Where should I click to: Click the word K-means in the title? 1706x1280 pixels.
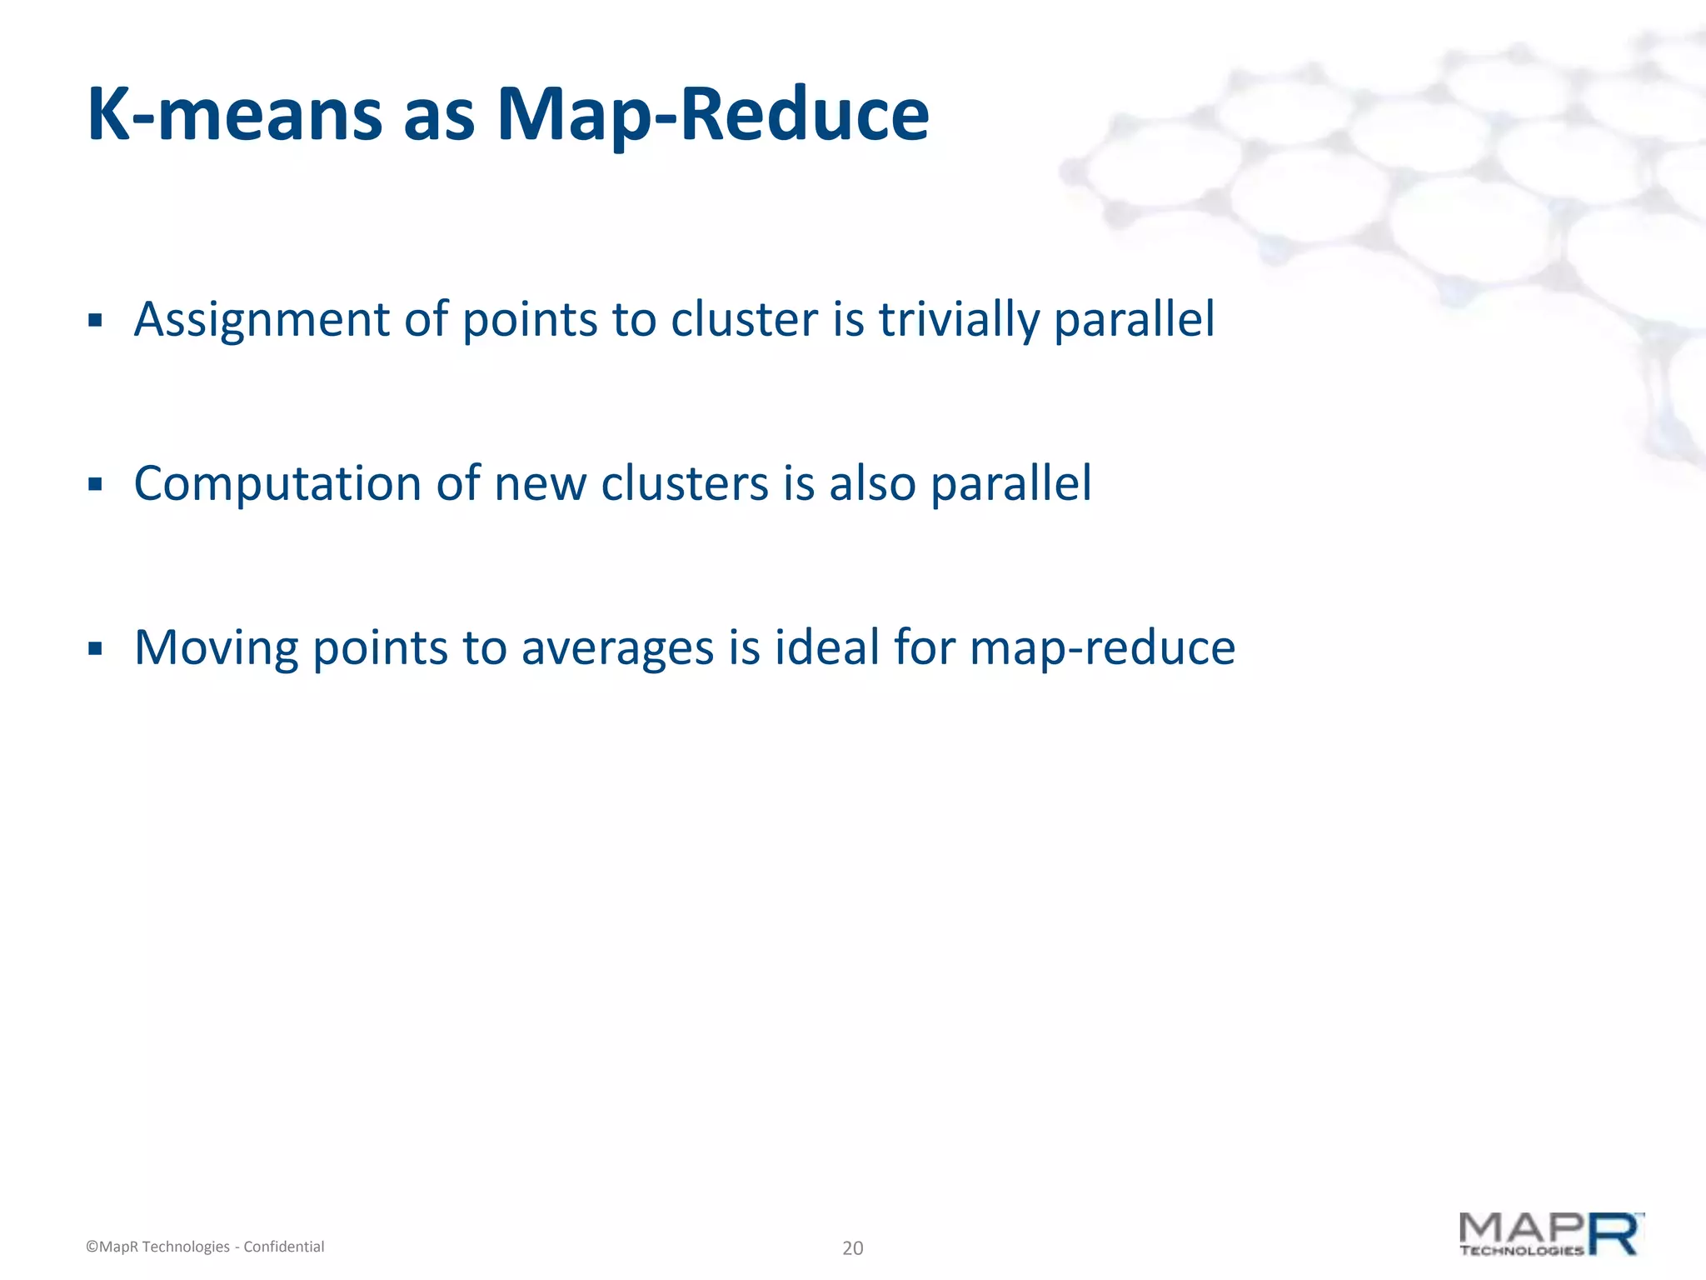234,114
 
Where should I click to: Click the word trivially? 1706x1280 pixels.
959,320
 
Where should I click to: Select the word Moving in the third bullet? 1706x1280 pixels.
216,648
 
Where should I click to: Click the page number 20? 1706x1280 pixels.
853,1247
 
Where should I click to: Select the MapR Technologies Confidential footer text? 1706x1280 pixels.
205,1247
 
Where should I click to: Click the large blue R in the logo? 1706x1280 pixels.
1614,1235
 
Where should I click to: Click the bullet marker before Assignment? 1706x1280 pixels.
95,320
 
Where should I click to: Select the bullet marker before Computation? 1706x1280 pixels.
95,484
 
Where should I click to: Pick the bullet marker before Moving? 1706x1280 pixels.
95,648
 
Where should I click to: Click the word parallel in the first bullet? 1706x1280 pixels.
1134,320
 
